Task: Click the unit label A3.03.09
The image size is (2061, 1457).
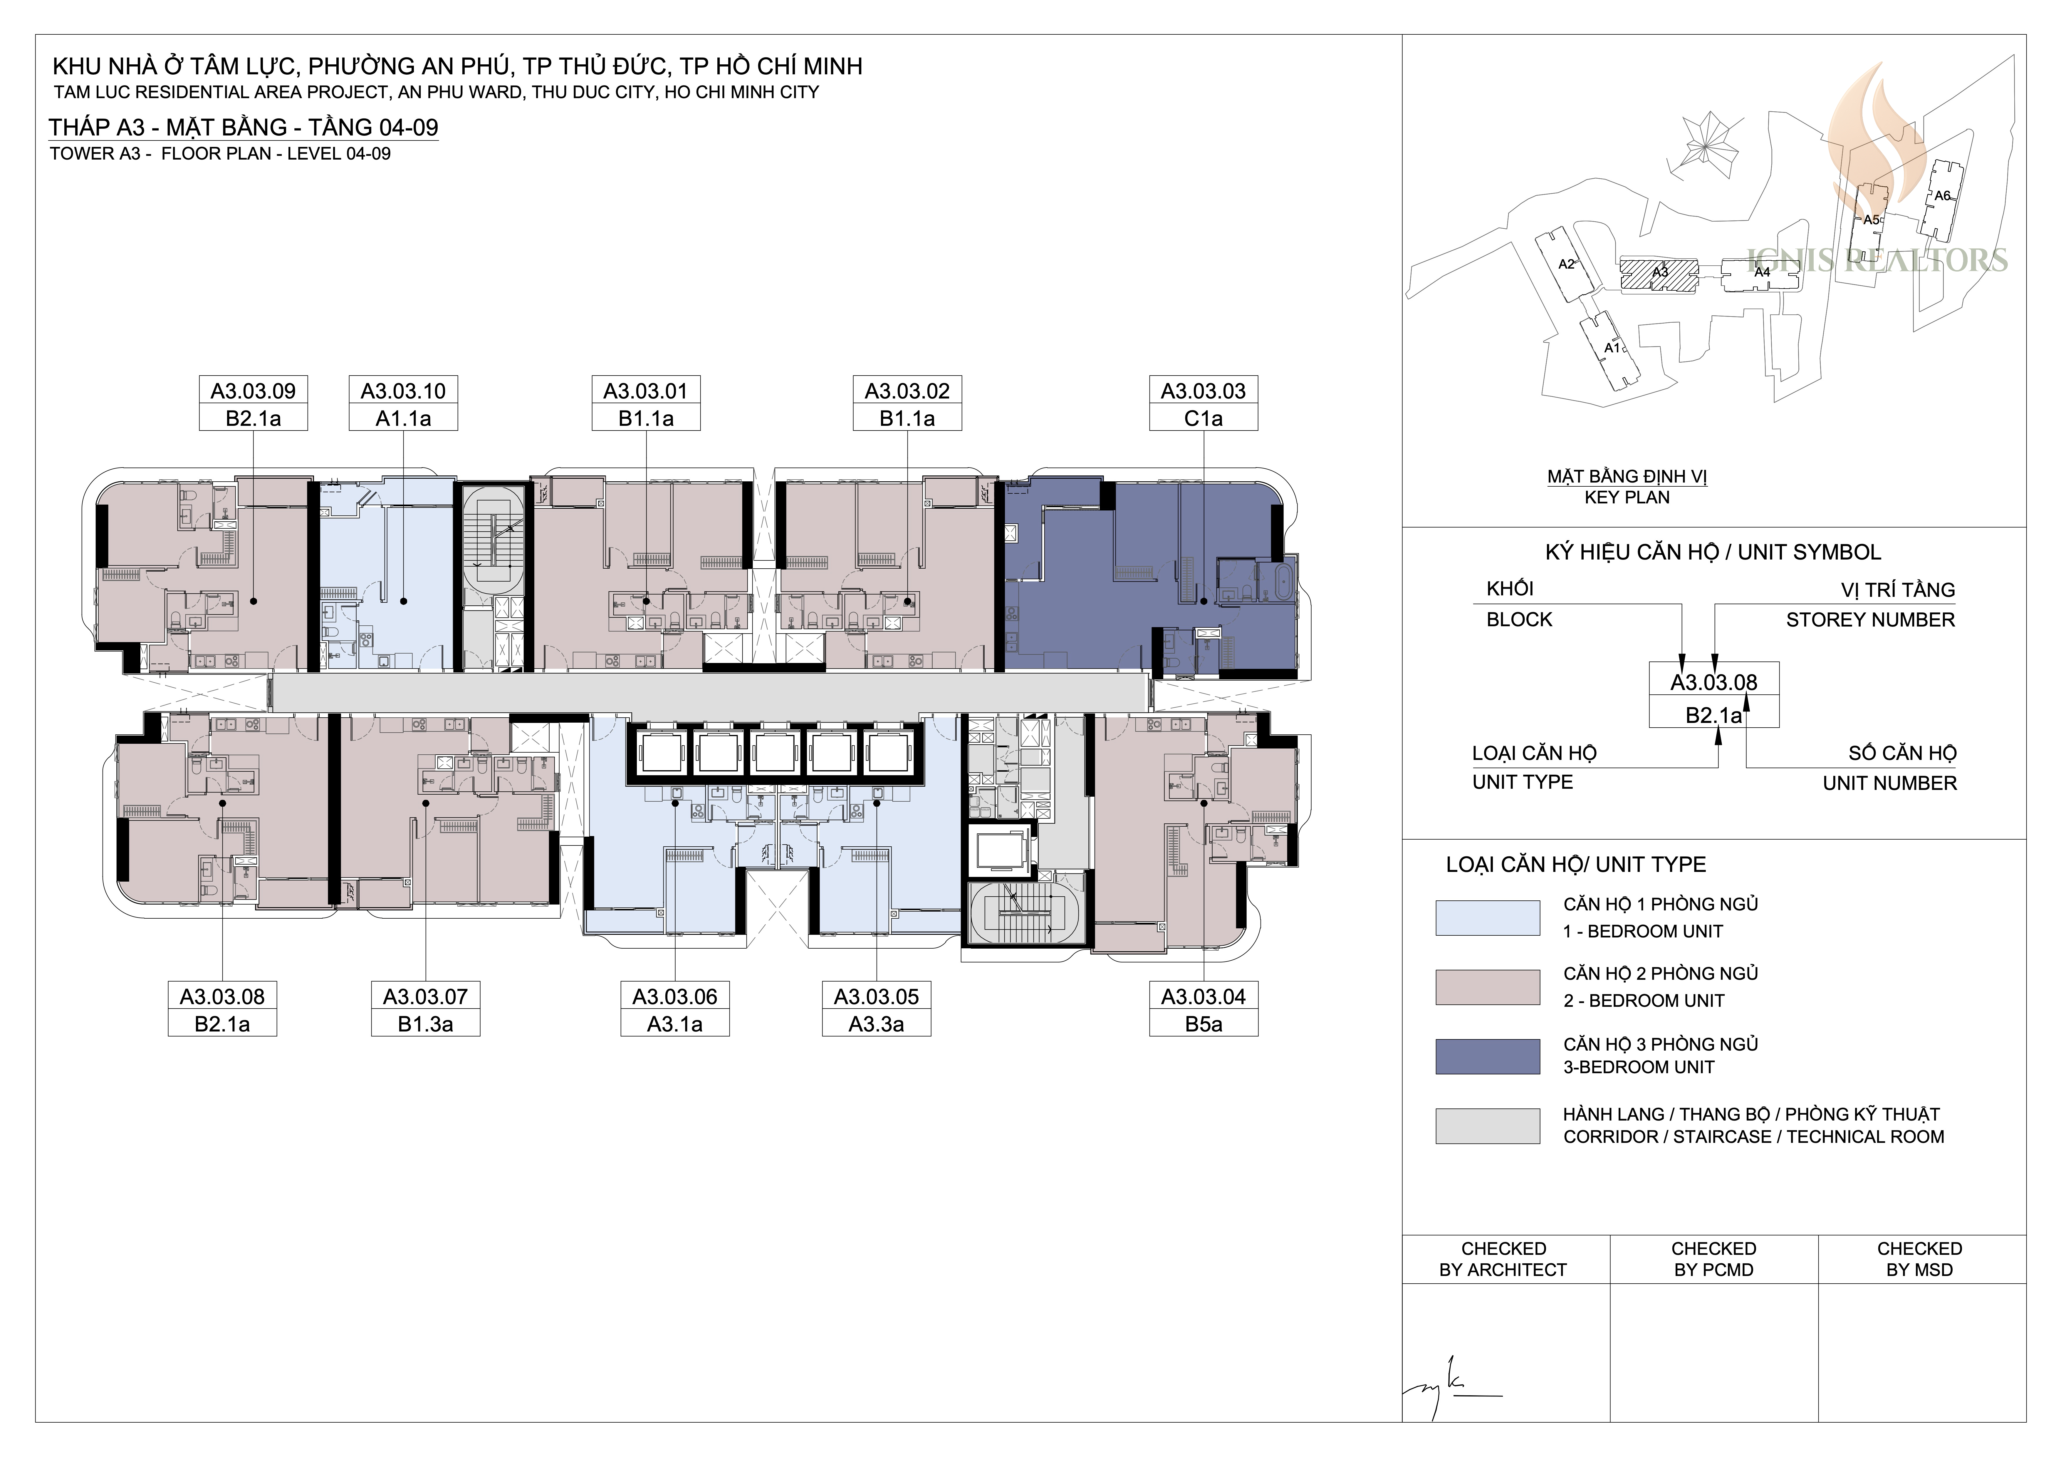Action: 253,391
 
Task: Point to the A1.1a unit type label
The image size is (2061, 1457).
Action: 403,418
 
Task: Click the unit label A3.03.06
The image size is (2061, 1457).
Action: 675,997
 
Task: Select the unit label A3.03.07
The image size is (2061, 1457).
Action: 425,997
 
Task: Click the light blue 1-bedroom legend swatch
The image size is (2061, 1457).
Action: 1487,918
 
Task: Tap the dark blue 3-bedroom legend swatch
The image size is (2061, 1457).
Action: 1487,1057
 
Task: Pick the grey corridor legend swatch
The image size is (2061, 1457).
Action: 1487,1126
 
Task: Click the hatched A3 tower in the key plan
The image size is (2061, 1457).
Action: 1659,276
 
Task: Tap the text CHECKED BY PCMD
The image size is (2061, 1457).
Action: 1713,1259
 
